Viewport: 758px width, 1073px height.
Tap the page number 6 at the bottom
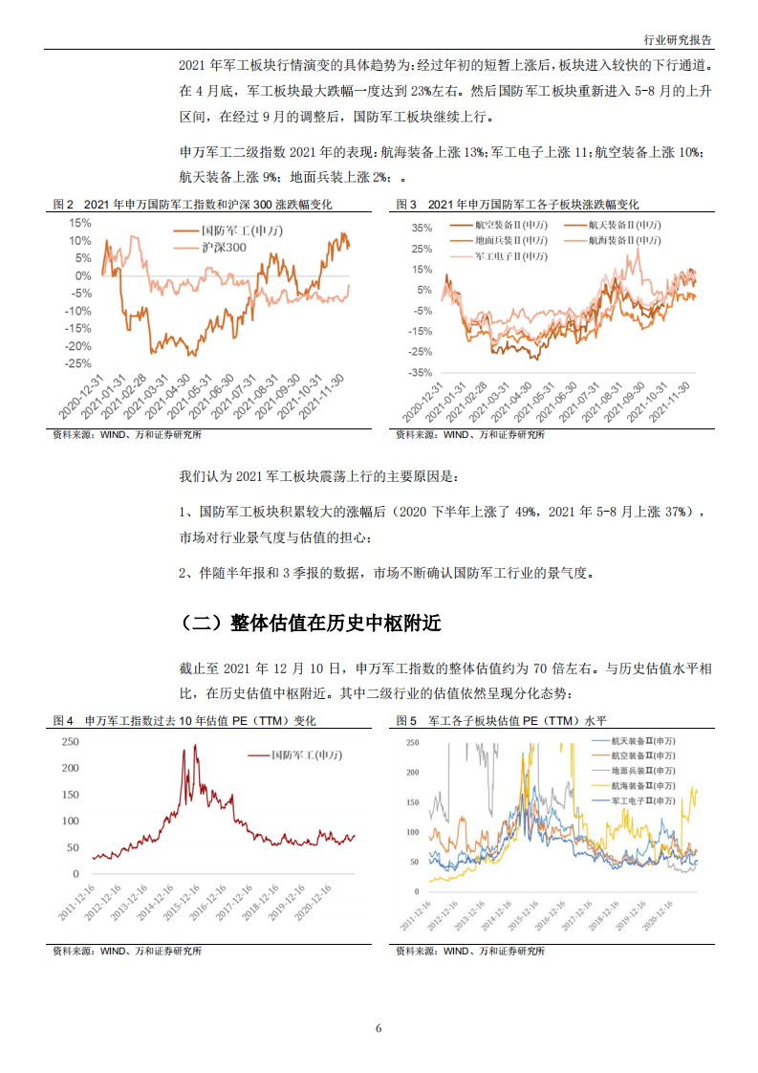click(379, 1028)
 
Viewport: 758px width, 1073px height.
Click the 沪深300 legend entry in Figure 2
click(224, 248)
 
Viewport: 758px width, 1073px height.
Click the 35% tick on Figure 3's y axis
click(421, 229)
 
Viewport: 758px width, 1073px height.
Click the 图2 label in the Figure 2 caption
click(63, 205)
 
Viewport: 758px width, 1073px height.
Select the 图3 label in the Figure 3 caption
click(407, 205)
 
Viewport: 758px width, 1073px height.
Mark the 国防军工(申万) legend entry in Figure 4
click(306, 755)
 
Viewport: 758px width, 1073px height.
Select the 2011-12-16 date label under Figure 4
click(76, 903)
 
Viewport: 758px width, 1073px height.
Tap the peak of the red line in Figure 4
click(195, 745)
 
